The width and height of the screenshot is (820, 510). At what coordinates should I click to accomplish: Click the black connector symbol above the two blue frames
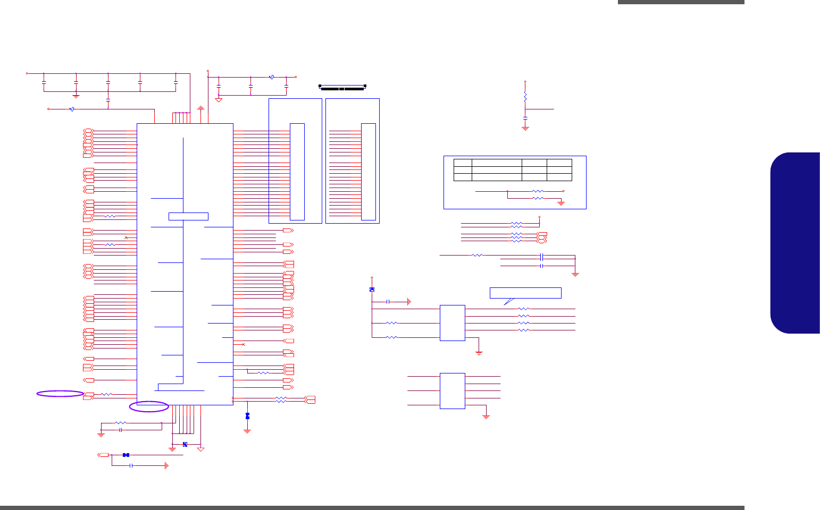tap(342, 87)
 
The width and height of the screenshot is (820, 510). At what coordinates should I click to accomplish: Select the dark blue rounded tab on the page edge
tap(795, 243)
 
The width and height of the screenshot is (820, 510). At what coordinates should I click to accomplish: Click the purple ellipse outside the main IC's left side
tap(60, 394)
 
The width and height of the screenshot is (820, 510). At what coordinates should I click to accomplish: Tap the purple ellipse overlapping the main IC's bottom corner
tap(149, 407)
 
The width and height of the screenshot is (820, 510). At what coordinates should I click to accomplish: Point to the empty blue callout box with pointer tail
tap(525, 293)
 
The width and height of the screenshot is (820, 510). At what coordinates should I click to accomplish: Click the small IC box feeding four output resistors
tap(453, 323)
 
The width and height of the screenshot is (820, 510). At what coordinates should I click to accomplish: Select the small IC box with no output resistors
tap(453, 391)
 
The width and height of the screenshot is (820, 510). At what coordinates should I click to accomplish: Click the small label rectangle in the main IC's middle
tap(188, 216)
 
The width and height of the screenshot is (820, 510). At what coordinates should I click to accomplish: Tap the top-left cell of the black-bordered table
tap(463, 163)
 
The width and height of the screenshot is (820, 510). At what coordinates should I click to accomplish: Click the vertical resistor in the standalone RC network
tap(525, 98)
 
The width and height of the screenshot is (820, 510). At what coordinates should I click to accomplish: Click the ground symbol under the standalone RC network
tap(525, 128)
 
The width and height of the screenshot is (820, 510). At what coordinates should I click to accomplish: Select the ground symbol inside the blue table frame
tap(560, 203)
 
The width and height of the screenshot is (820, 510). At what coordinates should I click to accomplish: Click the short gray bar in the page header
tap(681, 2)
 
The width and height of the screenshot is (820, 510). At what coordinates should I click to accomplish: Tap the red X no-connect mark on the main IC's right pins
tap(244, 345)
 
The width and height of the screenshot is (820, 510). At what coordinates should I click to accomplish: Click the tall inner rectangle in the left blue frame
tap(297, 172)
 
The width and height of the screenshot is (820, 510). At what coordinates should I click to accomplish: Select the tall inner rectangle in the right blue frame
tap(369, 172)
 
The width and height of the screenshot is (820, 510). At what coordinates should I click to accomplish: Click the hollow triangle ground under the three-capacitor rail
tap(219, 100)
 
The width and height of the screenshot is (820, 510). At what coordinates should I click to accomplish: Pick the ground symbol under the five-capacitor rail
tap(76, 96)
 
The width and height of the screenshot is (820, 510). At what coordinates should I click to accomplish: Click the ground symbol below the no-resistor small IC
tap(486, 417)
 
